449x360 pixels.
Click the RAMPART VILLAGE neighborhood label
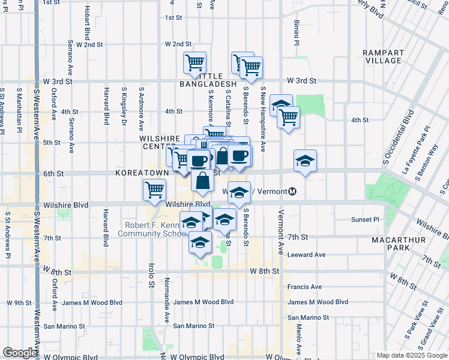point(382,56)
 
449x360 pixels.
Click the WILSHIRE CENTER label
point(160,142)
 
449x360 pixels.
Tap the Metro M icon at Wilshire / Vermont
point(292,192)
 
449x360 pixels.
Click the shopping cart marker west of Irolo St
point(154,190)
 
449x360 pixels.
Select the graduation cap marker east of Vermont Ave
point(305,160)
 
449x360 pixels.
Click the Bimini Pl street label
point(296,33)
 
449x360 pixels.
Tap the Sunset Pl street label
point(367,220)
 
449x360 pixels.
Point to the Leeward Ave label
point(306,254)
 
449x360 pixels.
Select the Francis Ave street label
point(304,287)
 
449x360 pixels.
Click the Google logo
point(20,353)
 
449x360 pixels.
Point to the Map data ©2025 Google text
point(411,355)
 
